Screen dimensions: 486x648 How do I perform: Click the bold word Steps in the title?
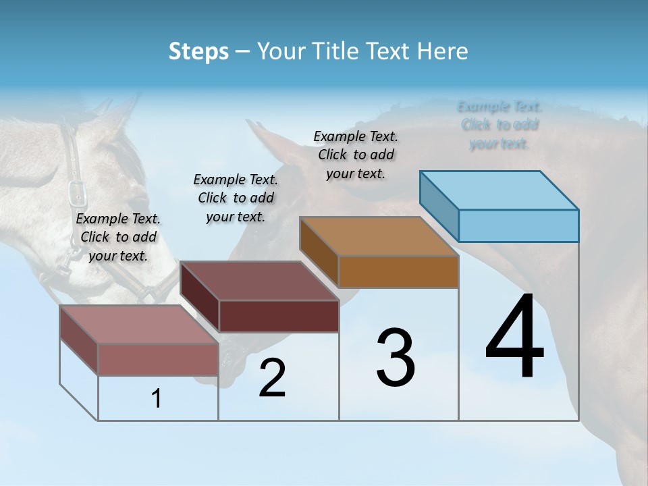pos(198,51)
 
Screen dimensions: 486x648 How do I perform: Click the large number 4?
pos(514,337)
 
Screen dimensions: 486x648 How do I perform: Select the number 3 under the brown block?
pos(396,358)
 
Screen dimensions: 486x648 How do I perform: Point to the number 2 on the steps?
pos(272,379)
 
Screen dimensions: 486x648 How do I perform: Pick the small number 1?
pos(157,399)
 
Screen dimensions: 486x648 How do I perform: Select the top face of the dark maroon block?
pos(259,281)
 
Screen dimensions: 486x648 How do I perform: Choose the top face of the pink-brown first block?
pos(139,325)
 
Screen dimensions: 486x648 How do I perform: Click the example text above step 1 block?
pos(118,237)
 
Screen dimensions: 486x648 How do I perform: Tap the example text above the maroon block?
pos(236,198)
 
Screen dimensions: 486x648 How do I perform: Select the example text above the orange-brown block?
pos(356,155)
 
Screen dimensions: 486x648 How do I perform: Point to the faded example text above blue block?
pos(500,125)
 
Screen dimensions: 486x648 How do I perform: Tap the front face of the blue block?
pos(518,225)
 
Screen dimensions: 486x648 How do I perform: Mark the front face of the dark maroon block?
pos(279,316)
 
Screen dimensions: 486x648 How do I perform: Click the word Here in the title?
pos(443,51)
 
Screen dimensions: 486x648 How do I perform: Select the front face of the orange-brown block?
pos(398,271)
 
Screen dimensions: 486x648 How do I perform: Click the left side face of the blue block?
pos(439,205)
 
